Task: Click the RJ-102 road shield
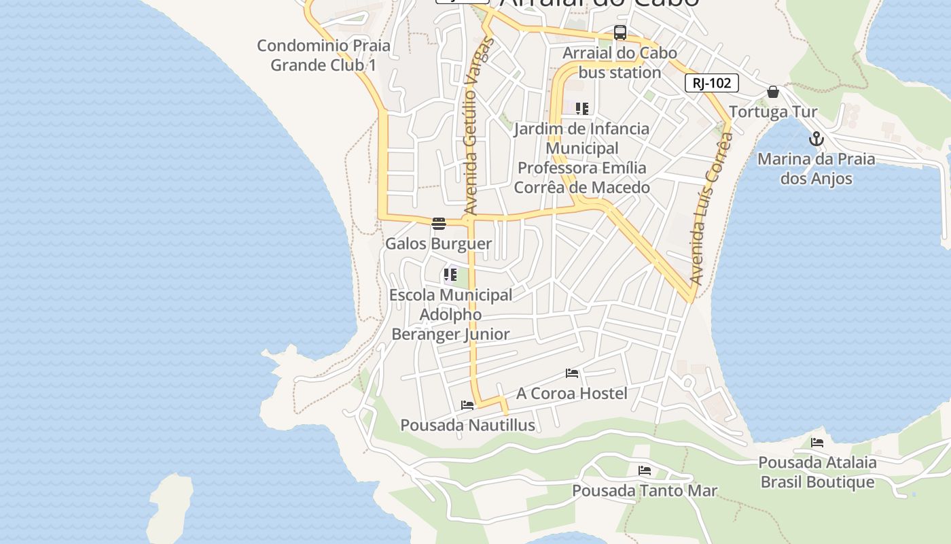point(711,83)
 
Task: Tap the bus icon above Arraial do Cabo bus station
point(620,33)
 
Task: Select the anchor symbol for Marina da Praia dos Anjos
point(816,139)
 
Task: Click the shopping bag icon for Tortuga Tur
point(772,92)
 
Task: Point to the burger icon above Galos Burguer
point(439,223)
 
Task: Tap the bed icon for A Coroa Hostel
point(572,373)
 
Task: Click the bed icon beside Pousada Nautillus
point(467,405)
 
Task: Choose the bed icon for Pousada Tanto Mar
point(645,470)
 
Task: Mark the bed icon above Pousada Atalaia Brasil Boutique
point(817,443)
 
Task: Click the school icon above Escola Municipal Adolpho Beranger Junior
point(450,275)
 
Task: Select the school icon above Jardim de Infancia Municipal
point(581,108)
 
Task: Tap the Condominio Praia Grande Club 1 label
point(323,55)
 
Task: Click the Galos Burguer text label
point(438,243)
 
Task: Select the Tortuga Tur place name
point(773,112)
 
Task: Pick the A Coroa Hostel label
point(572,393)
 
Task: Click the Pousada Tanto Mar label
point(644,490)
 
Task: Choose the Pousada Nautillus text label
point(467,426)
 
